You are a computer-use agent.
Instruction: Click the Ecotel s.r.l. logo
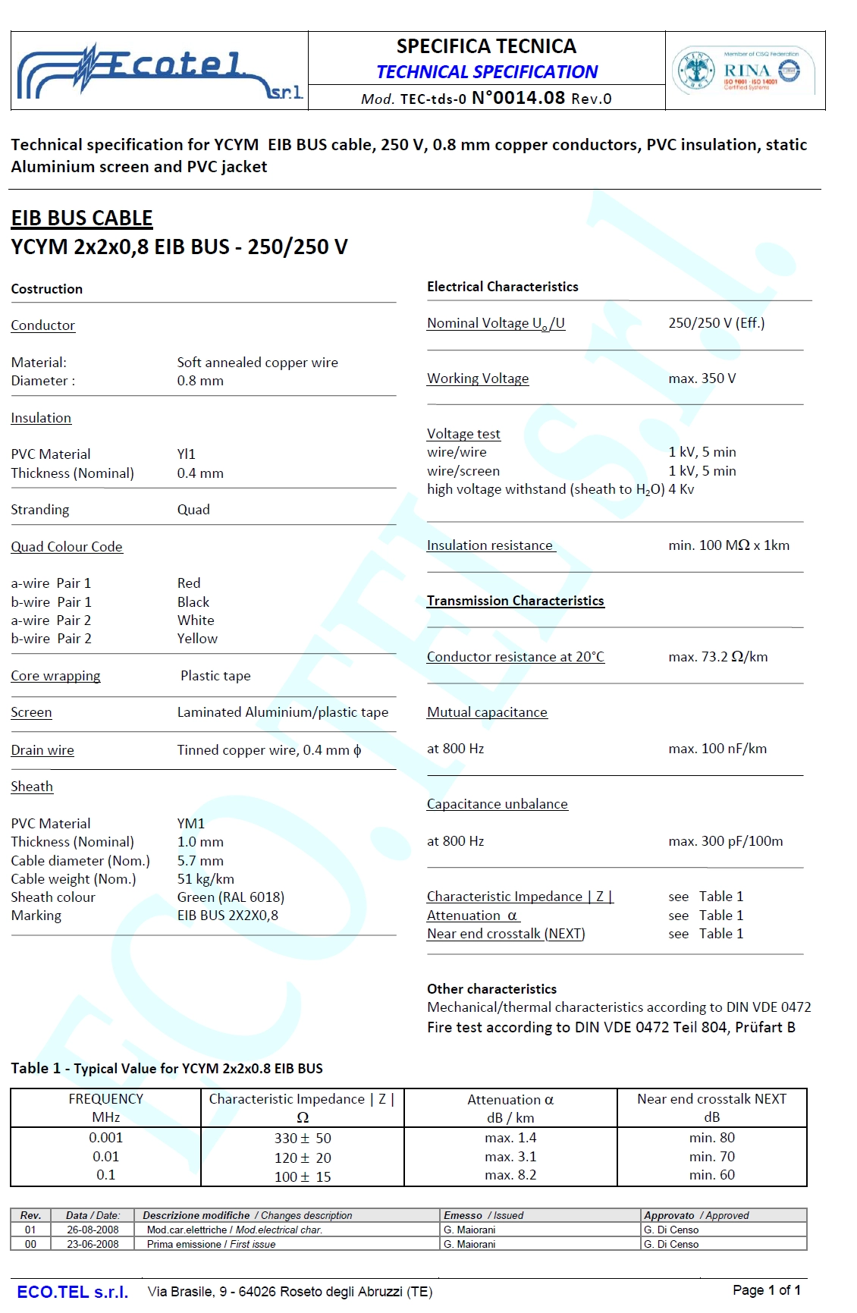click(x=159, y=72)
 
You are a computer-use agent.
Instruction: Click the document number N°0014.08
click(x=518, y=98)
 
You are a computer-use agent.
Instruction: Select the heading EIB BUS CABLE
click(x=82, y=218)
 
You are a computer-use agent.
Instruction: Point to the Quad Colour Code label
click(x=67, y=547)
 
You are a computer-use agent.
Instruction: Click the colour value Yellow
click(x=197, y=639)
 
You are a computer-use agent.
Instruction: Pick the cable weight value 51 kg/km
click(x=206, y=879)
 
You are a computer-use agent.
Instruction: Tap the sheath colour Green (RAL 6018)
click(x=231, y=897)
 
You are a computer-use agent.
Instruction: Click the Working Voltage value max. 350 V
click(x=702, y=379)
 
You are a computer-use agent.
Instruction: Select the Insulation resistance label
click(x=490, y=545)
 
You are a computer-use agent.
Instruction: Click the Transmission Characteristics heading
click(x=515, y=601)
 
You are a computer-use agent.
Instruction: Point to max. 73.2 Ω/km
click(x=717, y=657)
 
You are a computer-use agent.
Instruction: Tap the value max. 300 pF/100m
click(x=725, y=841)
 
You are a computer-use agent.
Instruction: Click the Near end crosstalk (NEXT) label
click(x=506, y=934)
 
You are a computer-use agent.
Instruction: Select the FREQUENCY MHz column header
click(x=106, y=1108)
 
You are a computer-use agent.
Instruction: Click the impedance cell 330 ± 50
click(x=303, y=1139)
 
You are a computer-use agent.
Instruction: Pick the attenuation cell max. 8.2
click(x=510, y=1175)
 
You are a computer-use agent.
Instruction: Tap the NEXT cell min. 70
click(x=711, y=1157)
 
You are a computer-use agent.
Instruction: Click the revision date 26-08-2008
click(x=93, y=1230)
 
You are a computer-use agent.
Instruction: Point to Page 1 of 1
click(x=766, y=1290)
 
